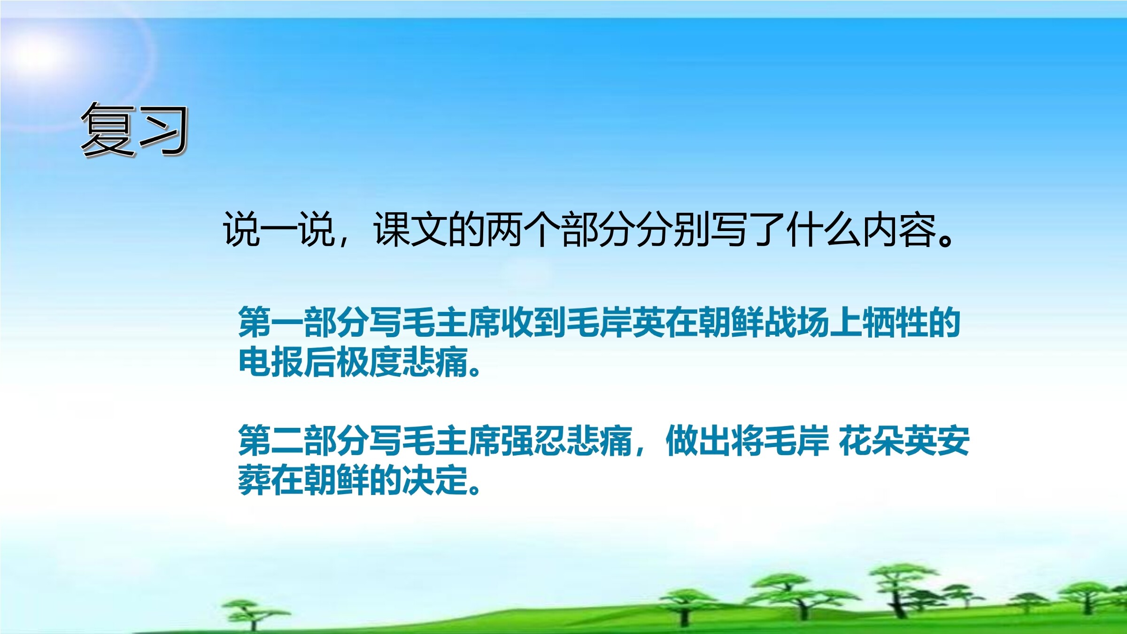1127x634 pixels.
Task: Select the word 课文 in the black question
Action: click(411, 230)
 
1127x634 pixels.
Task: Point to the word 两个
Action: click(524, 230)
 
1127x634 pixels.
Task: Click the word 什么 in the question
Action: click(824, 230)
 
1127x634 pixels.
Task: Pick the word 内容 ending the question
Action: click(899, 230)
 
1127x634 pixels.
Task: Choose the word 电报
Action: click(271, 362)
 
